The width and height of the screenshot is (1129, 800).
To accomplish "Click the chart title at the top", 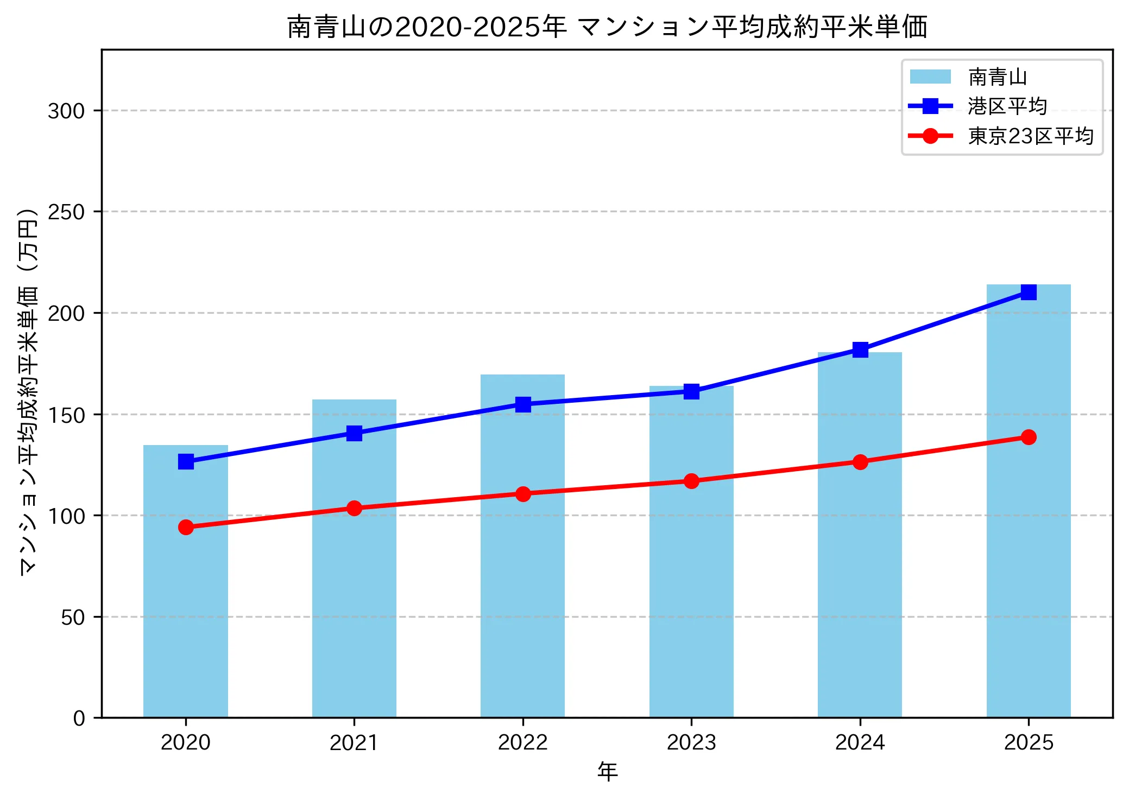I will pyautogui.click(x=607, y=27).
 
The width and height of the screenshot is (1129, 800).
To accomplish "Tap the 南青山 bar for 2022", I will pyautogui.click(x=522, y=570).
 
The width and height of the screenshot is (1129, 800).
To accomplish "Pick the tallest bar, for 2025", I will pyautogui.click(x=1028, y=516).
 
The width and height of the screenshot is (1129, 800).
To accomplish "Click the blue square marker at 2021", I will pyautogui.click(x=354, y=433).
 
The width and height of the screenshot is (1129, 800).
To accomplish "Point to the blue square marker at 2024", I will pyautogui.click(x=860, y=350).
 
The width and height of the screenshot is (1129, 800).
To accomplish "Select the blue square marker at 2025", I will pyautogui.click(x=1028, y=292).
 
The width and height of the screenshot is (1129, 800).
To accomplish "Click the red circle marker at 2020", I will pyautogui.click(x=186, y=527).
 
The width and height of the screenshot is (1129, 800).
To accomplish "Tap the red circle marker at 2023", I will pyautogui.click(x=691, y=481).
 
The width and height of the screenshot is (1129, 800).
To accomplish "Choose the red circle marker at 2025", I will pyautogui.click(x=1028, y=437).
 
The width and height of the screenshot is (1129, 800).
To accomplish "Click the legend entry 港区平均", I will pyautogui.click(x=1007, y=106).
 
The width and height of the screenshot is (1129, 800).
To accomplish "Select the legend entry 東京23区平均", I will pyautogui.click(x=1030, y=136).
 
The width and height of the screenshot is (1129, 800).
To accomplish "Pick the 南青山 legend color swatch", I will pyautogui.click(x=930, y=77).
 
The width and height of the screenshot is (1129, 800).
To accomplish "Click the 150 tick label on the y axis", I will pyautogui.click(x=66, y=415).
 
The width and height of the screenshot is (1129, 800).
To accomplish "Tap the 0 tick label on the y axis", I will pyautogui.click(x=79, y=719).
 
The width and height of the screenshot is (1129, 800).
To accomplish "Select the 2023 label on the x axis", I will pyautogui.click(x=691, y=742).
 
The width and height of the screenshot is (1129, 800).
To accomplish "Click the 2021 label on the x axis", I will pyautogui.click(x=354, y=742).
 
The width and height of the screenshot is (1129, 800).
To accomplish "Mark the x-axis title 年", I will pyautogui.click(x=607, y=772).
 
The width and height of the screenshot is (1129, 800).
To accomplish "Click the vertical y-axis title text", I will pyautogui.click(x=28, y=391).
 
